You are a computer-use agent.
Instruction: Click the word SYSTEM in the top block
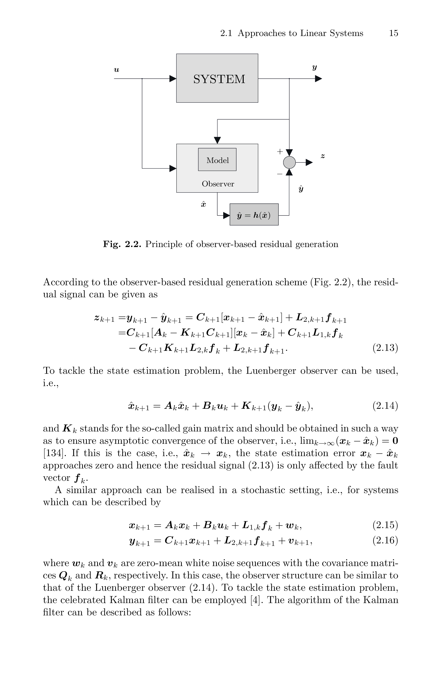219,79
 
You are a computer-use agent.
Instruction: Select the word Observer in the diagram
218,184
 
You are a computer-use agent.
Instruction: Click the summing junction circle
289,162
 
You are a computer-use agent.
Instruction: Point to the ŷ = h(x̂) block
254,215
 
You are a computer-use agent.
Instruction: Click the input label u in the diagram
116,70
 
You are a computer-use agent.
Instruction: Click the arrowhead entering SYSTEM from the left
173,79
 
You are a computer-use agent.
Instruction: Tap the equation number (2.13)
385,348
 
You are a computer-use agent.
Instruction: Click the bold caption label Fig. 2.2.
122,244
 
